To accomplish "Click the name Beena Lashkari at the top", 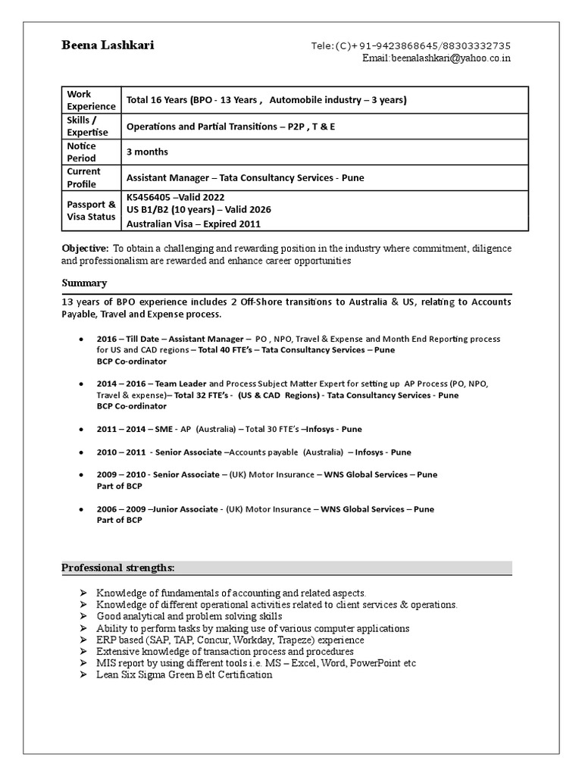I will [108, 45].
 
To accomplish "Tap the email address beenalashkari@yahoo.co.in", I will [436, 58].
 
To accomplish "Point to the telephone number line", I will [411, 45].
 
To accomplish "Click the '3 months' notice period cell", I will [147, 152].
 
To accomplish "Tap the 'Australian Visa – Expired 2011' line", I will [193, 224].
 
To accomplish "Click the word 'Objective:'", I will [85, 248].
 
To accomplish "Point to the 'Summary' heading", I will [84, 283].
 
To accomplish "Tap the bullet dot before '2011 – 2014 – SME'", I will [80, 429].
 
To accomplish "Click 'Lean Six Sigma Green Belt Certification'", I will [184, 674].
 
